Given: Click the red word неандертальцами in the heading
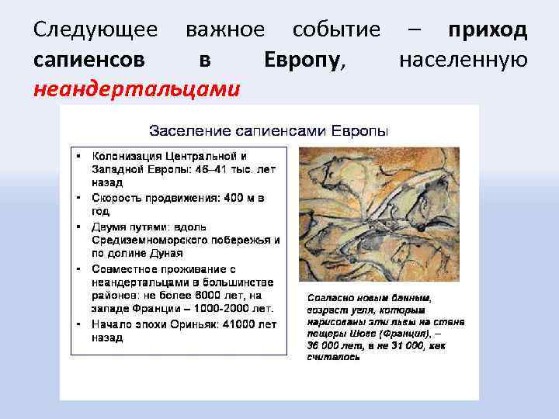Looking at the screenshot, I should tap(137, 89).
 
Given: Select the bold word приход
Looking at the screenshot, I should tap(488, 30).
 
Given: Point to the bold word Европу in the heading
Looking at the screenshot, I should tap(301, 60).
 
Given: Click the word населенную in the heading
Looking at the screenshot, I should tap(463, 60).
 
